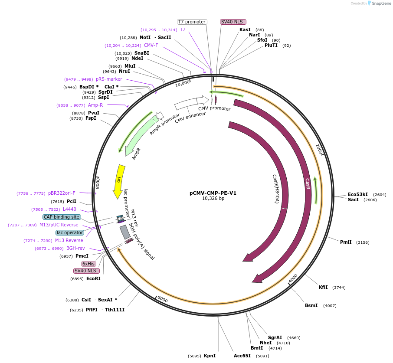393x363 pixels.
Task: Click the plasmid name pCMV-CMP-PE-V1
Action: point(213,193)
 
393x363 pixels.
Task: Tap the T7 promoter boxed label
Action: point(192,22)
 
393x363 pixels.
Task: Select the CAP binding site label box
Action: point(62,217)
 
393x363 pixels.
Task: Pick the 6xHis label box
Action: point(88,264)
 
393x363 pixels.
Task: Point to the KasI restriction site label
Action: point(245,29)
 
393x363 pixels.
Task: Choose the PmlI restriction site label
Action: point(346,242)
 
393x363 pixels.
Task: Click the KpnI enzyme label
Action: point(210,356)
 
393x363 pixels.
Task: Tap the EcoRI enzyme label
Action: point(93,278)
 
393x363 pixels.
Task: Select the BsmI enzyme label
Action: point(311,305)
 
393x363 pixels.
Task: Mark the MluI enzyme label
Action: point(130,66)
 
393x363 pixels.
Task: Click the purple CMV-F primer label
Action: point(151,45)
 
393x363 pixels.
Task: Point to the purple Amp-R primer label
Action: point(95,105)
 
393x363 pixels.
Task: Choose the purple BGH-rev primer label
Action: point(75,248)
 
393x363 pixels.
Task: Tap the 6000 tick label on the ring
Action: point(162,299)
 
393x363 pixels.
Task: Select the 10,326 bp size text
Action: point(213,199)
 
